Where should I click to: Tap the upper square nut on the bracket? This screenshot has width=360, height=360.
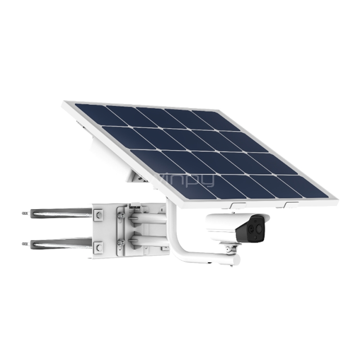click(99, 215)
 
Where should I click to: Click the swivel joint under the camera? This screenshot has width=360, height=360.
click(230, 248)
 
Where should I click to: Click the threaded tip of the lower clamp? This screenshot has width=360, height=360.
click(25, 244)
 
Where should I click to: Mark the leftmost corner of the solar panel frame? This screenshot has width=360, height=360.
click(63, 104)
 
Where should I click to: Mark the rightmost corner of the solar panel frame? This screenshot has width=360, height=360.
click(337, 198)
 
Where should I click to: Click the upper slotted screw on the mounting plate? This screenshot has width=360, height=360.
click(121, 216)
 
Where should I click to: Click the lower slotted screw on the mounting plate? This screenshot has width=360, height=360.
click(121, 243)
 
